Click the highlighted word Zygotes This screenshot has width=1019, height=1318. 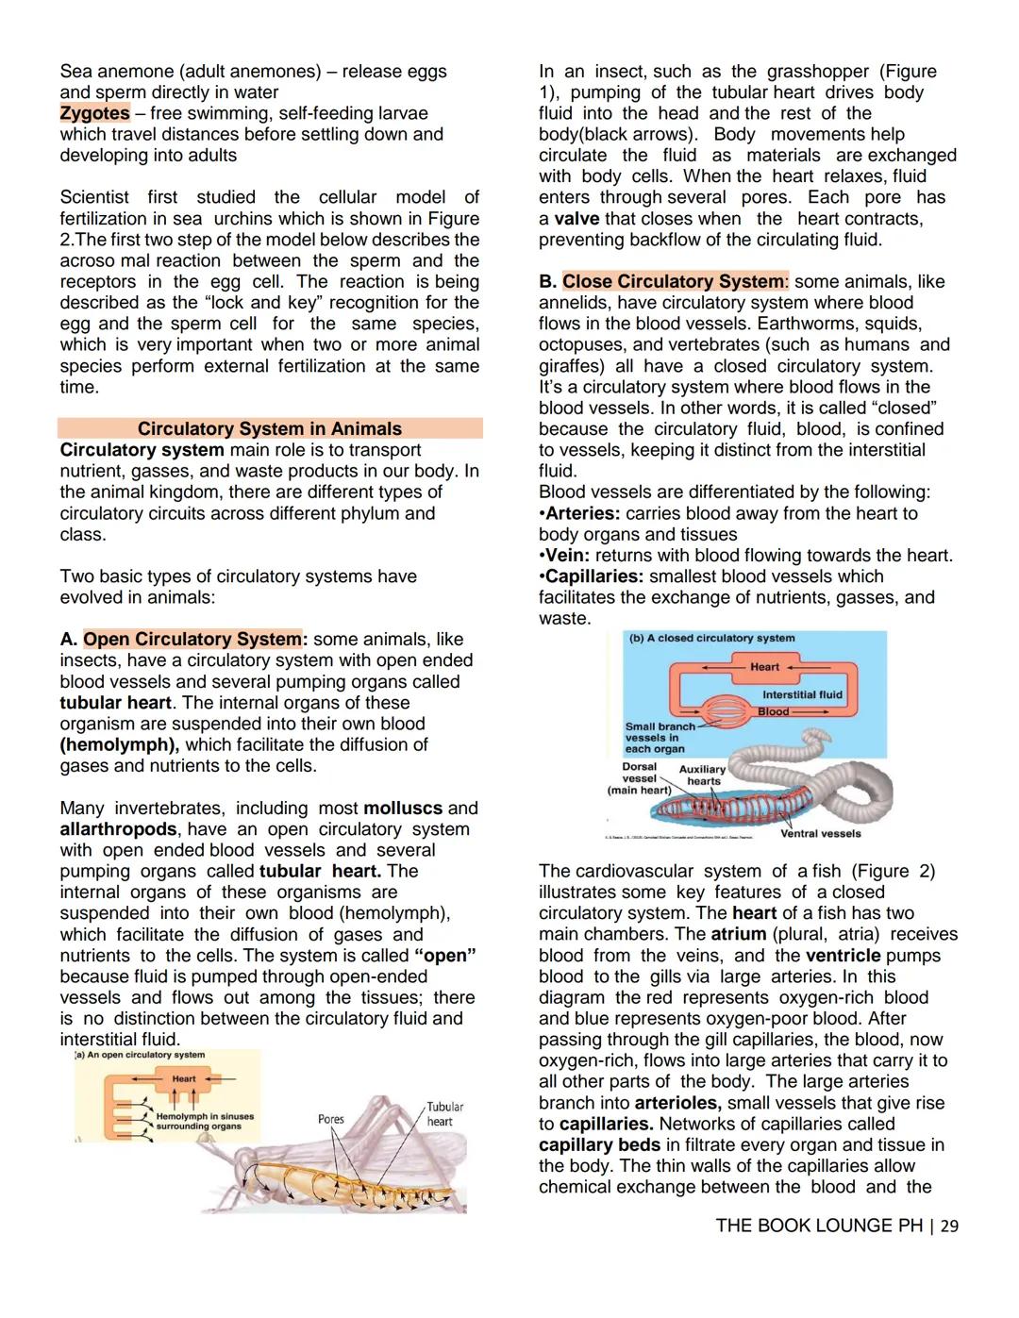point(94,113)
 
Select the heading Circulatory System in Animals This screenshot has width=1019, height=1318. point(270,429)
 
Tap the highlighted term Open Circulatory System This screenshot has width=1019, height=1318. point(192,640)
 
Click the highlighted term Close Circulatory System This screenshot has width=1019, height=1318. point(673,282)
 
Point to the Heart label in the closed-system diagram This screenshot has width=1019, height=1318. point(764,667)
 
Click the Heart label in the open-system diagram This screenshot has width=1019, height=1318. point(184,1078)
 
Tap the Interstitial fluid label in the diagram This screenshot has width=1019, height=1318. point(802,695)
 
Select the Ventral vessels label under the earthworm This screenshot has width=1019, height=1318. point(820,834)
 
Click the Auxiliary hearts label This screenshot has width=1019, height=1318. point(703,775)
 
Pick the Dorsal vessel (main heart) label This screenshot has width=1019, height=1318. point(639,778)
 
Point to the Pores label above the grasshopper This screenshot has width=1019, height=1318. point(331,1120)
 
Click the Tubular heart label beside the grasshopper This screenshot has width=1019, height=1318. point(443,1114)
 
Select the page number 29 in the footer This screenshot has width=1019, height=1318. point(949,1226)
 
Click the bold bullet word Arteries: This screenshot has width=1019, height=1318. point(582,514)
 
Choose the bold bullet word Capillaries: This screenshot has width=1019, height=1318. point(594,576)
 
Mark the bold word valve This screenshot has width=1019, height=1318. point(576,219)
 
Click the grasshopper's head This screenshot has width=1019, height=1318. point(242,1167)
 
